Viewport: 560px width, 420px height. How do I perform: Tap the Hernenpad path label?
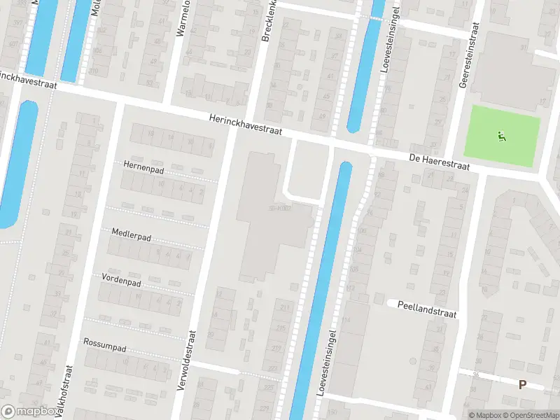tap(143, 165)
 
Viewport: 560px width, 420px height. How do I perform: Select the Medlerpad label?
tap(132, 232)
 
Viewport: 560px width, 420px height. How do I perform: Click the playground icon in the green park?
tap(500, 136)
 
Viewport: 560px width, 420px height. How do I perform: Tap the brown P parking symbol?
tap(522, 384)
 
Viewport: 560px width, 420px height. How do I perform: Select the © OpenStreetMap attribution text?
tap(530, 415)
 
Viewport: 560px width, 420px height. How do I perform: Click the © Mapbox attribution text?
tap(484, 415)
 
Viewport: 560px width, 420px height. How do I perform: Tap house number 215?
tap(281, 328)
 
